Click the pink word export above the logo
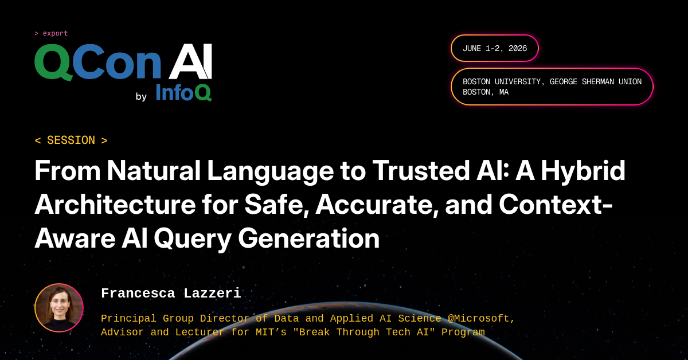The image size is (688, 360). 55,33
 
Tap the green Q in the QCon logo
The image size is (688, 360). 54,62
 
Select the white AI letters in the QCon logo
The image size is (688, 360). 190,61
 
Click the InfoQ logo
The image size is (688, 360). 183,92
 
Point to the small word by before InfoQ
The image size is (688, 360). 141,96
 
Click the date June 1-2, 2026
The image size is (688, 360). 495,48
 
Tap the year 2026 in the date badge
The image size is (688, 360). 518,48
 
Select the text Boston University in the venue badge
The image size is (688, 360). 502,81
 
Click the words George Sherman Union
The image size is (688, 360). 596,81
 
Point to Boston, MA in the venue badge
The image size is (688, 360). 486,92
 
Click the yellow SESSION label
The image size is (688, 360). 71,140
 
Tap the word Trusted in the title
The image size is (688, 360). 421,170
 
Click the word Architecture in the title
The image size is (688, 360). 115,204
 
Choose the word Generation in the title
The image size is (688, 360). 308,238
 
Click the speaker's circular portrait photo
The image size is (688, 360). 59,308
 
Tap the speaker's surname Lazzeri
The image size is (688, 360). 212,294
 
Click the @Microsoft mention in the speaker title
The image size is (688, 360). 481,319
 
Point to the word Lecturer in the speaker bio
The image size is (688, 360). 200,332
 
